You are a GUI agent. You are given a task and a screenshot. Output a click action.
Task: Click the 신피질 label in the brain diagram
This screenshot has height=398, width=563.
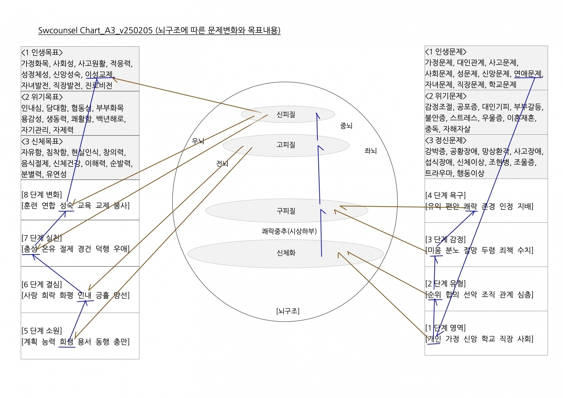pyautogui.click(x=286, y=114)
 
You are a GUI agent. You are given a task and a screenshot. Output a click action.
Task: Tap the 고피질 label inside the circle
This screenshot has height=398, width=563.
pyautogui.click(x=286, y=145)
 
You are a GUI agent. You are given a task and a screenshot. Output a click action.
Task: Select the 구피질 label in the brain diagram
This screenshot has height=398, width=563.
pyautogui.click(x=286, y=211)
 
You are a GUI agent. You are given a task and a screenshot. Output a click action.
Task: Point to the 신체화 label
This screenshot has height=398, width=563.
pyautogui.click(x=286, y=253)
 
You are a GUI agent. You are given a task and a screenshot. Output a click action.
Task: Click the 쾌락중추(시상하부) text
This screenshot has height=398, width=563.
pyautogui.click(x=289, y=231)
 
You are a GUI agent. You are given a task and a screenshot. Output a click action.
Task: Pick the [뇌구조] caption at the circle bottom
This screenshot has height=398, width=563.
pyautogui.click(x=288, y=311)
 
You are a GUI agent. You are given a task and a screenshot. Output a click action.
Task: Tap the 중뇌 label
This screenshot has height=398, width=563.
pyautogui.click(x=346, y=126)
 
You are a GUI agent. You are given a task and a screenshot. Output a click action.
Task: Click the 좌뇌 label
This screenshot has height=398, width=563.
pyautogui.click(x=370, y=151)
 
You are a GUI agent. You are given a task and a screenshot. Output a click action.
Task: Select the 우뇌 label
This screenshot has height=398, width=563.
pyautogui.click(x=198, y=141)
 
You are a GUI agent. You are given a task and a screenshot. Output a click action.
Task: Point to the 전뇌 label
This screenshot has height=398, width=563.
pyautogui.click(x=222, y=163)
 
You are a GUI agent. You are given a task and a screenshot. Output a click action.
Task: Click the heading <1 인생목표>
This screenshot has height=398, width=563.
pyautogui.click(x=42, y=52)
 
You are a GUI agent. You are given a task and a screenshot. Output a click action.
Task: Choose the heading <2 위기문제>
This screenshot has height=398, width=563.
pyautogui.click(x=446, y=96)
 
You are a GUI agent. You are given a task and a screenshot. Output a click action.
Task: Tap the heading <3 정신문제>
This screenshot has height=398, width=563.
pyautogui.click(x=446, y=140)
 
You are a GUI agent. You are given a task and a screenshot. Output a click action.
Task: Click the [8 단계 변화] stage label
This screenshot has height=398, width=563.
pyautogui.click(x=42, y=195)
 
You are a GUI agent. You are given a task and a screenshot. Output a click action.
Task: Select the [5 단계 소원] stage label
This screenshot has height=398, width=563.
pyautogui.click(x=42, y=330)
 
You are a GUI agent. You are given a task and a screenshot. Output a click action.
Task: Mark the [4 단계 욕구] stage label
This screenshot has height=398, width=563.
pyautogui.click(x=446, y=195)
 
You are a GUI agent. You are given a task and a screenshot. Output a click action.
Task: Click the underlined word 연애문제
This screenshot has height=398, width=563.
pyautogui.click(x=528, y=74)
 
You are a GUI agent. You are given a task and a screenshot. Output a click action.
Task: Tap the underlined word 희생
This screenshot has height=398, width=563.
pyautogui.click(x=66, y=342)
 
